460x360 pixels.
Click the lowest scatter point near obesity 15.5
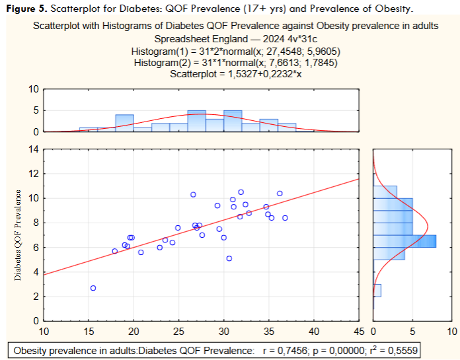pos(93,288)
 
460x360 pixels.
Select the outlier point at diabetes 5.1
pos(229,258)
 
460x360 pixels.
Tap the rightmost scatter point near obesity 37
pos(286,218)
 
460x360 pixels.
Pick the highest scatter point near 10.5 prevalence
pos(241,192)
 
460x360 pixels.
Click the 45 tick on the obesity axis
pos(359,330)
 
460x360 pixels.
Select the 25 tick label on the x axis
pos(178,330)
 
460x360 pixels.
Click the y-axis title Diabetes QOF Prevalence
pos(18,236)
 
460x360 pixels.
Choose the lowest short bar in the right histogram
pos(377,291)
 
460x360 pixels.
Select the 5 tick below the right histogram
pos(412,330)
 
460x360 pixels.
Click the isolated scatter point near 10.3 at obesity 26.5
pos(193,195)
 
